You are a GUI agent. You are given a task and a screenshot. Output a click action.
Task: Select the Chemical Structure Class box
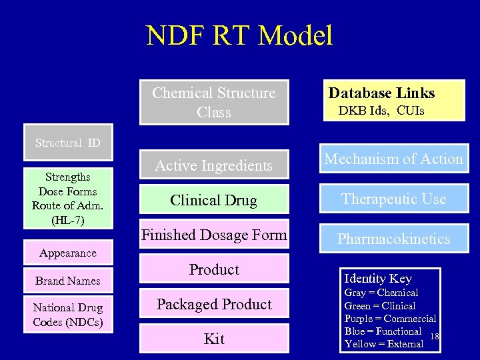click(x=214, y=103)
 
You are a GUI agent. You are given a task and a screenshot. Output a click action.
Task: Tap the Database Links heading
click(x=381, y=93)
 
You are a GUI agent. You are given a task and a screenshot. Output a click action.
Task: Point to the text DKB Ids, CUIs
click(x=381, y=111)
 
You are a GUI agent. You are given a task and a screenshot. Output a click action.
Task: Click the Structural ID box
click(x=68, y=143)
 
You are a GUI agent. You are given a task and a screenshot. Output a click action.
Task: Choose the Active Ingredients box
click(x=214, y=165)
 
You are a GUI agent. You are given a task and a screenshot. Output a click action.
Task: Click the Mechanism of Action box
click(x=393, y=159)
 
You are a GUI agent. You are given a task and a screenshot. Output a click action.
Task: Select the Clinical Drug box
click(x=214, y=200)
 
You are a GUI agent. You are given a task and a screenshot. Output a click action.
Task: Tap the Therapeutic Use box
click(x=393, y=199)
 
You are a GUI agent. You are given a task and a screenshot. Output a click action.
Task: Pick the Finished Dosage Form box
click(x=214, y=235)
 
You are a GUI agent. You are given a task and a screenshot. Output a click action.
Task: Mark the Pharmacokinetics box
click(x=393, y=239)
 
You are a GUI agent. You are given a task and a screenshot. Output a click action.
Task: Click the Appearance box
click(x=68, y=253)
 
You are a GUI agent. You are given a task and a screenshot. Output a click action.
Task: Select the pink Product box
click(x=214, y=269)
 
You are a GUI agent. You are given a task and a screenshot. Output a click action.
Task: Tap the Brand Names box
click(x=68, y=281)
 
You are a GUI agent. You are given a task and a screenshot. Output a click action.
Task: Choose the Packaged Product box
click(x=214, y=304)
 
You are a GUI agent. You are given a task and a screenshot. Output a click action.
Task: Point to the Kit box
click(x=214, y=339)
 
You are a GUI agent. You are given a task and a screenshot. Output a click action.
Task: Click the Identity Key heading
click(x=378, y=279)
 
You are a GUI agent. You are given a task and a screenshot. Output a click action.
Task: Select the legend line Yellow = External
click(x=384, y=344)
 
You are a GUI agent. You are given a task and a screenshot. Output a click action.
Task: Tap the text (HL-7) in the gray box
click(x=68, y=219)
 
